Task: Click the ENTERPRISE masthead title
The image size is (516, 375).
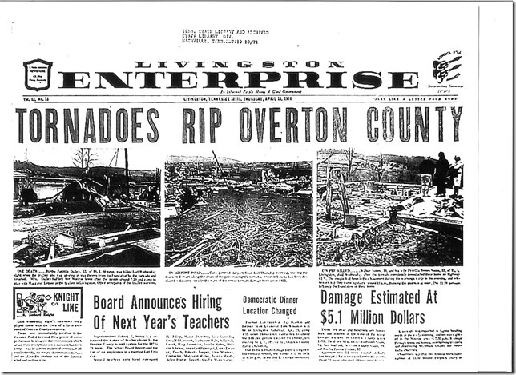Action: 238,79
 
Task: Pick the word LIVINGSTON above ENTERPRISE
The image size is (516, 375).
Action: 237,64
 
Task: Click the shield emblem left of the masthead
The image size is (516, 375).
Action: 38,74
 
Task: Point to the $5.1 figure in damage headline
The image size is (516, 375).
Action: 340,324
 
